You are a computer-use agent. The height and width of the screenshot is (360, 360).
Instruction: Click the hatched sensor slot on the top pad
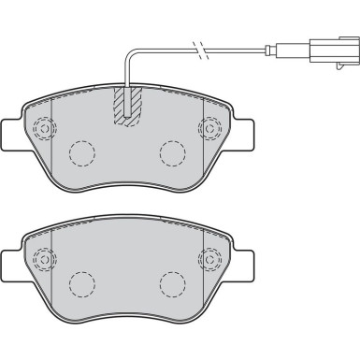click(128, 104)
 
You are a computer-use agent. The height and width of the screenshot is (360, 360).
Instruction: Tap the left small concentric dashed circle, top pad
click(41, 128)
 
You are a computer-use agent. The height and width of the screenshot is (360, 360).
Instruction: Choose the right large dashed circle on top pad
click(171, 152)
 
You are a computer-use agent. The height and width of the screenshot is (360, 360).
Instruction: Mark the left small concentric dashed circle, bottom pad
click(41, 257)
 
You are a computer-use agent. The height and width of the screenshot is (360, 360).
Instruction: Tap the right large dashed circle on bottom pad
click(171, 281)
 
